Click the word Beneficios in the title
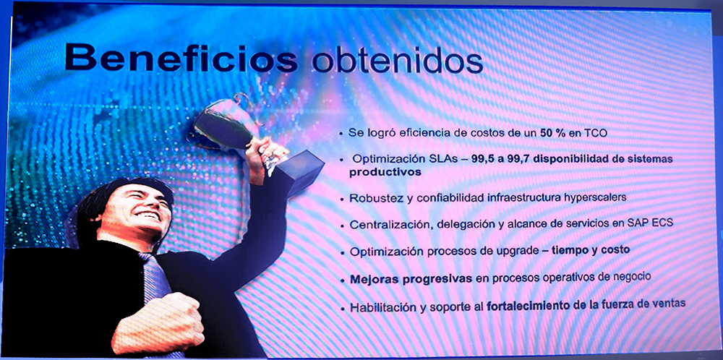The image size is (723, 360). pos(181,58)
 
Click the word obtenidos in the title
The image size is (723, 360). pos(397,59)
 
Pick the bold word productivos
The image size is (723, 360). pos(385,172)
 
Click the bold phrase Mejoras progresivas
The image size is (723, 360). pos(411,279)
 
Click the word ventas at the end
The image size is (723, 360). pos(667,304)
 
